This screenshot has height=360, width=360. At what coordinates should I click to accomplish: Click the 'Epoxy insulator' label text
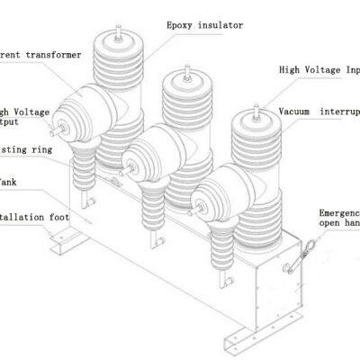203,25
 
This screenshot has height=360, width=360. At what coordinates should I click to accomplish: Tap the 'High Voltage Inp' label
319,69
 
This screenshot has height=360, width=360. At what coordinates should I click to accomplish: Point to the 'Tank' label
9,181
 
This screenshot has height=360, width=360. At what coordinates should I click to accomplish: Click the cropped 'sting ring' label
25,148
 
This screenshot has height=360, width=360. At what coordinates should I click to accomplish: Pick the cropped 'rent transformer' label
40,55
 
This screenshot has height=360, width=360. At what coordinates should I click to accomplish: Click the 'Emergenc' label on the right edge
339,214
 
